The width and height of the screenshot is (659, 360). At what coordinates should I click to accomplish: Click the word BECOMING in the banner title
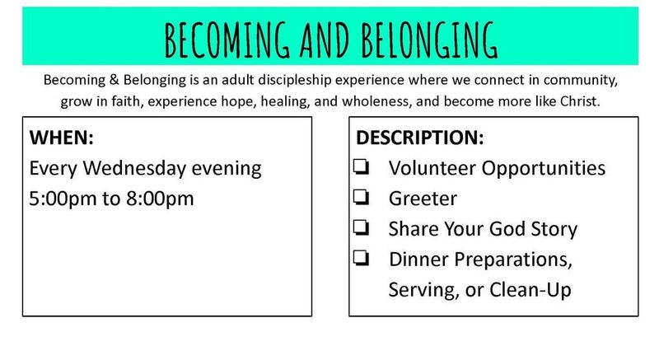[227, 40]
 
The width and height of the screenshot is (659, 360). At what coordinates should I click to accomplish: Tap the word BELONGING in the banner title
[429, 40]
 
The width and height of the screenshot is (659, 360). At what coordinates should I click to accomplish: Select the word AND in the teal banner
[325, 40]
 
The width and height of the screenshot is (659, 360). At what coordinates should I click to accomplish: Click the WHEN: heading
[61, 138]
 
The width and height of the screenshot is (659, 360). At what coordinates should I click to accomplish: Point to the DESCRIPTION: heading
[420, 138]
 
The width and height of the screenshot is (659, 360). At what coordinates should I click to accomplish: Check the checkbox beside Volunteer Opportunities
[361, 166]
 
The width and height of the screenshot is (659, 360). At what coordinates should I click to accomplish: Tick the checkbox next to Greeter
[361, 198]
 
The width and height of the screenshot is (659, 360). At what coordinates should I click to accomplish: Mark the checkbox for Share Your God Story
[361, 228]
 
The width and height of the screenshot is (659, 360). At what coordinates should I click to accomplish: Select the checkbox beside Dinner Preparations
[361, 259]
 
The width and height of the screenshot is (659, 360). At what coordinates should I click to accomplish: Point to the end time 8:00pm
[160, 199]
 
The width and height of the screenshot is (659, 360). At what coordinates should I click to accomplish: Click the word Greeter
[423, 199]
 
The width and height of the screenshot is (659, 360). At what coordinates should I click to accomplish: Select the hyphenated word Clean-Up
[530, 290]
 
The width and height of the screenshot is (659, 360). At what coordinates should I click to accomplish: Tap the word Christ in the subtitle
[580, 101]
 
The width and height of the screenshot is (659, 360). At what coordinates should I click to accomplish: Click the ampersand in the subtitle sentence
[114, 80]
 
